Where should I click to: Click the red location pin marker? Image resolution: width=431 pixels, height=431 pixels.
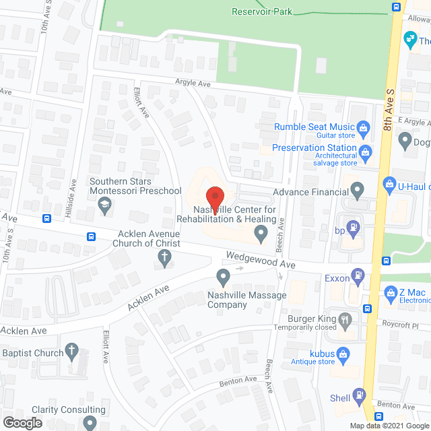click(214, 197)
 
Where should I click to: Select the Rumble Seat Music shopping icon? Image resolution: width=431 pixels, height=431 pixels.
click(362, 127)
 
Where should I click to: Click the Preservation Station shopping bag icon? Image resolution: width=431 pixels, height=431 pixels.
click(365, 153)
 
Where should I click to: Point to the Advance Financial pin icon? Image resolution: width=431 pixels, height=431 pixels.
click(358, 192)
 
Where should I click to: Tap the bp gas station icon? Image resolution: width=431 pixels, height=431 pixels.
click(351, 227)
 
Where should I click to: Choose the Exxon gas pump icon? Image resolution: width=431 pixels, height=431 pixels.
click(359, 275)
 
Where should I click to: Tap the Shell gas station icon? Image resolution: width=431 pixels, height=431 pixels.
click(360, 398)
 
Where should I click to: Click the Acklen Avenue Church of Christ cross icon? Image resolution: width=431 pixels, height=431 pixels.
click(163, 256)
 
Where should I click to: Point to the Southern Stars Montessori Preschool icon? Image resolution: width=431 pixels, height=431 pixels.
click(104, 208)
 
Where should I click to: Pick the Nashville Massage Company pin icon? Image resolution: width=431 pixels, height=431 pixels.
click(223, 277)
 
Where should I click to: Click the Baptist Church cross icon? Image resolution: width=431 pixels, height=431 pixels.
click(73, 352)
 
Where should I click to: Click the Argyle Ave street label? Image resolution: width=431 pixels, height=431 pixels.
click(195, 84)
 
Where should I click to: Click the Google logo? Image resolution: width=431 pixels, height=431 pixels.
click(22, 423)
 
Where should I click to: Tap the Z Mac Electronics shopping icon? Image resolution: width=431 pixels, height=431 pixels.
click(390, 293)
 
